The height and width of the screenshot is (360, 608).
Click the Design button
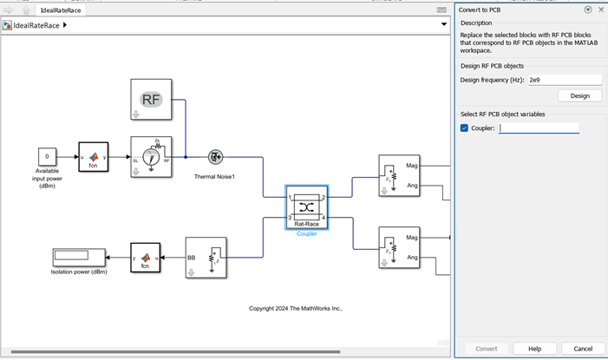579,95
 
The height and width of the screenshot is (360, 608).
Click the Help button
535,348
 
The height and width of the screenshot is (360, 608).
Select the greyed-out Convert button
486,348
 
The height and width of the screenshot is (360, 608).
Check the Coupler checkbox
464,128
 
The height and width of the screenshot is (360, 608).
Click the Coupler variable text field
539,128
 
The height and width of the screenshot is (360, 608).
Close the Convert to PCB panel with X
601,10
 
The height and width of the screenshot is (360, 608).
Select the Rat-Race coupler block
306,206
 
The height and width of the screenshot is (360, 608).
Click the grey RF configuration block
152,99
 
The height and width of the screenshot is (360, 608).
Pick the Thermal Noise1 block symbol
215,157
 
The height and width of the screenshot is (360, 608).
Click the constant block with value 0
47,156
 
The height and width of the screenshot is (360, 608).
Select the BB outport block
206,258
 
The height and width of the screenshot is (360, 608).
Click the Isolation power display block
78,258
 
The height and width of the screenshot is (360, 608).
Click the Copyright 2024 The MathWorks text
296,308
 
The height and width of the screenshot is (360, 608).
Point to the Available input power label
48,178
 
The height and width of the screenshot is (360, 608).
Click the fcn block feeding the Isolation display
145,258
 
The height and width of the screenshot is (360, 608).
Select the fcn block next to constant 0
93,157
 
